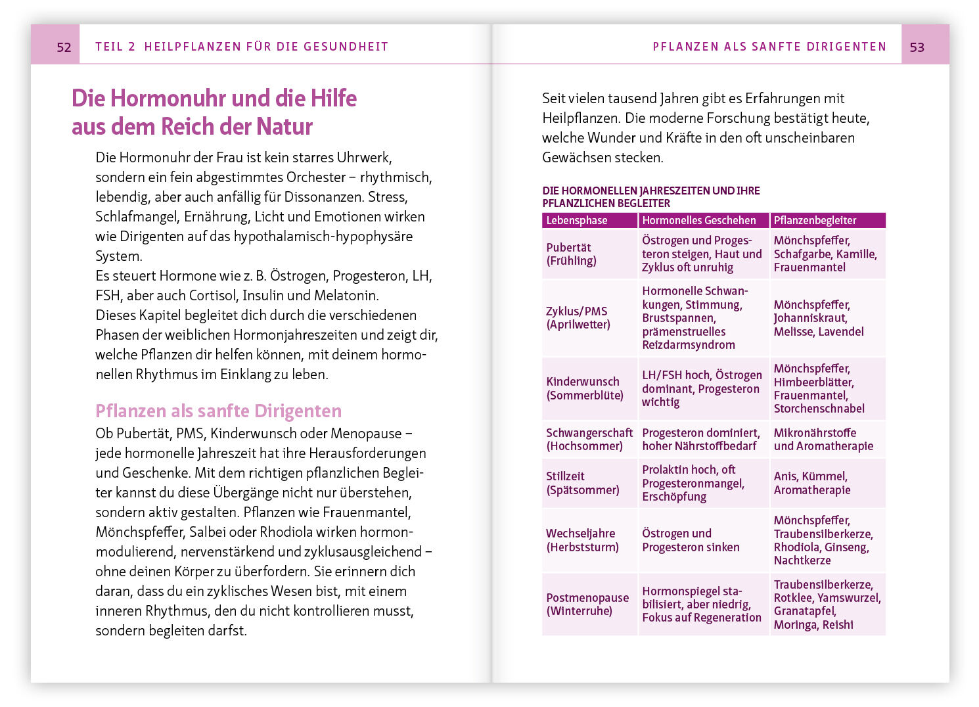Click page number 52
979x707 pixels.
coord(64,47)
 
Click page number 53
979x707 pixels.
coord(917,47)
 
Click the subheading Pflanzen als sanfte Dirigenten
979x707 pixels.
coord(218,411)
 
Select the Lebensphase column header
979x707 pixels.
coord(577,220)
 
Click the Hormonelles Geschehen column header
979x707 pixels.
coord(699,220)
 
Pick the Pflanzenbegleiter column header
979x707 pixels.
coord(815,220)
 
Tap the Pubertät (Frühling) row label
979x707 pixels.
coord(572,254)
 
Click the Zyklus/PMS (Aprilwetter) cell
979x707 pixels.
coord(578,317)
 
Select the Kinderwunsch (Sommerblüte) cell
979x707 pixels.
coord(584,388)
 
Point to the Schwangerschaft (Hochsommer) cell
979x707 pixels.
coord(589,439)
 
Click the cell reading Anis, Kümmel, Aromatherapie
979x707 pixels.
coord(812,483)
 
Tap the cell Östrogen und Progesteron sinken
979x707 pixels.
coord(691,540)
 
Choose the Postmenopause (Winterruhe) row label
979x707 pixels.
coord(587,604)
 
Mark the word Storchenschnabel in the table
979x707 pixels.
coord(819,408)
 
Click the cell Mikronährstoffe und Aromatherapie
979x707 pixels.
coord(823,439)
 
